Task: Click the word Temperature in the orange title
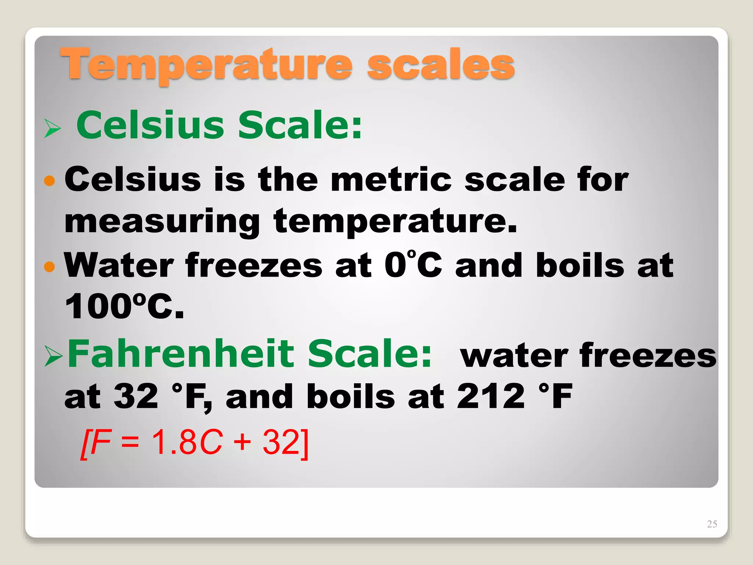[x=206, y=65]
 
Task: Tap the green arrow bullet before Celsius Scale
[x=52, y=128]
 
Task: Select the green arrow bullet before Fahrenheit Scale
[x=53, y=356]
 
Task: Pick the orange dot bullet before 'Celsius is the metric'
[x=49, y=181]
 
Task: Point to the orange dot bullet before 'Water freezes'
[x=49, y=266]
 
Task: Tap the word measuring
[x=162, y=221]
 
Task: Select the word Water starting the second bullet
[x=119, y=265]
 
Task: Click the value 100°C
[x=124, y=306]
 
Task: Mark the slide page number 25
[x=712, y=524]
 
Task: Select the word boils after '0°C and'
[x=580, y=265]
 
